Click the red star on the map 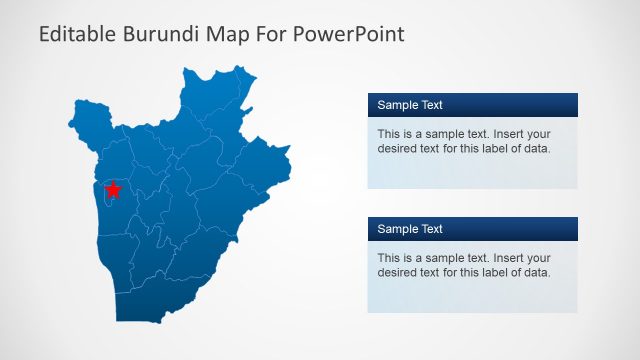click(113, 189)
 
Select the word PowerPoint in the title click(354, 35)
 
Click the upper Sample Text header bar click(472, 105)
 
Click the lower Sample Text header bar click(472, 229)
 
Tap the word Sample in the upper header click(396, 105)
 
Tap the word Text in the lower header click(431, 229)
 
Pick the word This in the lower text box click(389, 258)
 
